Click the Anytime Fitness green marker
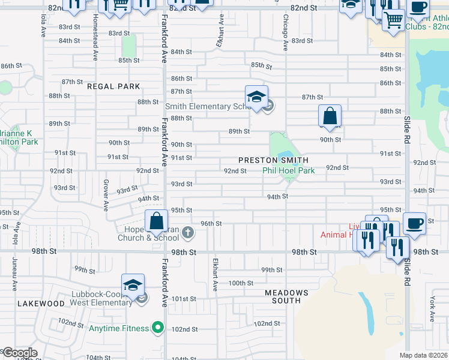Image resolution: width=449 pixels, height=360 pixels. click(158, 328)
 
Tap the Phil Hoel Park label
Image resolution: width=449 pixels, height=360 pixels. click(288, 170)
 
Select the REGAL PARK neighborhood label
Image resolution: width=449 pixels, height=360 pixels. click(113, 86)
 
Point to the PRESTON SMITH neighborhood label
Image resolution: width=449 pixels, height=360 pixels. click(273, 160)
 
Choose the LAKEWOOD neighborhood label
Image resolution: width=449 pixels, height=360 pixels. click(41, 304)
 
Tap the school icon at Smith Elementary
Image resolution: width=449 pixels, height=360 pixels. click(256, 97)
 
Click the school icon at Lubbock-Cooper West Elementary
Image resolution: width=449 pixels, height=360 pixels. click(133, 285)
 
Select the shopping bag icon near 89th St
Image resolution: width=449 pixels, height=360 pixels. click(330, 116)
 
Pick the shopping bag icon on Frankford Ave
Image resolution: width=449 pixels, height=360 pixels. click(156, 221)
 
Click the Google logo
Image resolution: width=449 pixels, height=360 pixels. click(20, 353)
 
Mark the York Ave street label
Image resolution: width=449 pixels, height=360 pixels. click(432, 308)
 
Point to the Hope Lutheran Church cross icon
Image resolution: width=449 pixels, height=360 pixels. click(188, 232)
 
